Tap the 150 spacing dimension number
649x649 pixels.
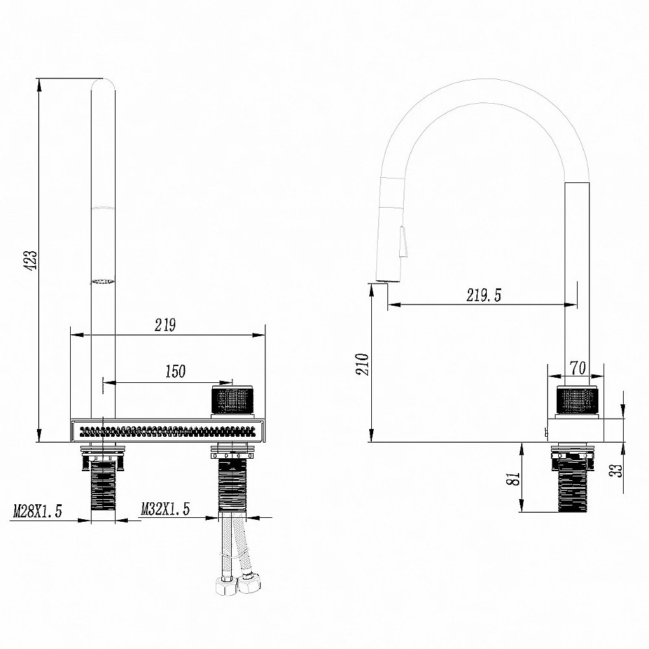click(x=175, y=372)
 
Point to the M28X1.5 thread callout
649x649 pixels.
click(x=37, y=512)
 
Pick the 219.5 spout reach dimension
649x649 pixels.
click(x=484, y=295)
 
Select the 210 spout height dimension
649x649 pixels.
click(x=362, y=365)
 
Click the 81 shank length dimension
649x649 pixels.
click(x=513, y=478)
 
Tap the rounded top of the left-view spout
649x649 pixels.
click(x=103, y=84)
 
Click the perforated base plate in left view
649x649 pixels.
click(x=167, y=430)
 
